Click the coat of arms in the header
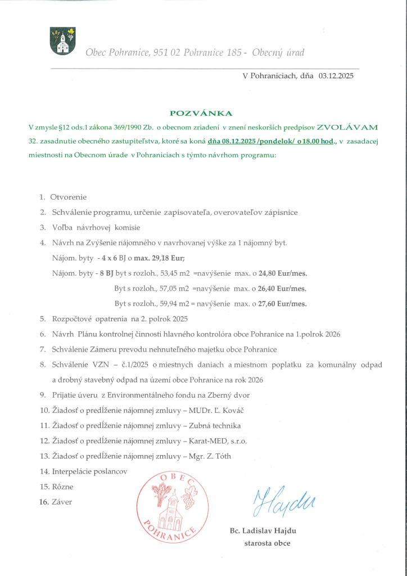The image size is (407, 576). tap(63, 40)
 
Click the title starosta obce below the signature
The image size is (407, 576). tap(267, 543)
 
